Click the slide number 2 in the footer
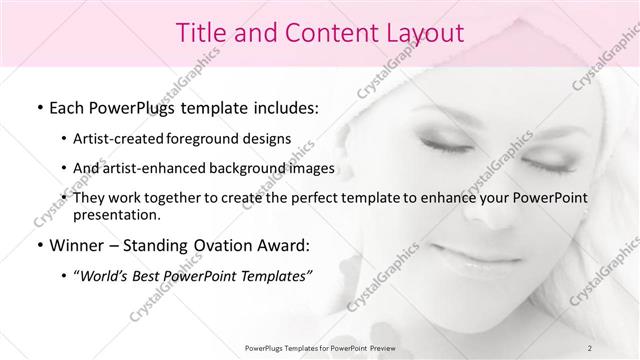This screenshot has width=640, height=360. tap(590, 347)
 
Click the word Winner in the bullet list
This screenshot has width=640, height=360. tap(76, 245)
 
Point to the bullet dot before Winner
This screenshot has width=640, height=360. tap(39, 246)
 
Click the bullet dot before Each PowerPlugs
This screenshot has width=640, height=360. tap(39, 107)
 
